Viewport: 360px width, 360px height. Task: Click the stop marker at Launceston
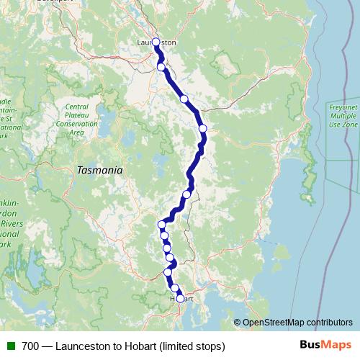(156, 42)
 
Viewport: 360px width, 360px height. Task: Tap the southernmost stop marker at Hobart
(180, 298)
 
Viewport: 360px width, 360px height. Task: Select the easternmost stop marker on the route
(203, 128)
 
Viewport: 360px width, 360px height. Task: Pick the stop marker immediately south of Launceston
(161, 67)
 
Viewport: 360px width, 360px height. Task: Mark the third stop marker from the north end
(184, 99)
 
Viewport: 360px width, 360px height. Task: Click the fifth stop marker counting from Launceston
(186, 194)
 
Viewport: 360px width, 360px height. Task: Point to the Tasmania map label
(99, 171)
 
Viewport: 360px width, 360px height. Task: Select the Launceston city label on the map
(156, 42)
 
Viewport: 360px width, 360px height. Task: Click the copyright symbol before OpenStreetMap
(238, 323)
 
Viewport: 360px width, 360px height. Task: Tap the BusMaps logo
(321, 345)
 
